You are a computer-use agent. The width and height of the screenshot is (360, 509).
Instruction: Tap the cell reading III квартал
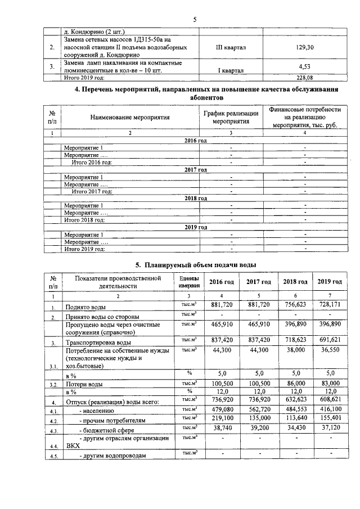[x=231, y=48]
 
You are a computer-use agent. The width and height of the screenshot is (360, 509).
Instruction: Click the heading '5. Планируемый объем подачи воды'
[x=195, y=264]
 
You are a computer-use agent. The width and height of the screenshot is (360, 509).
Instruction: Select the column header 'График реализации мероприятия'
[x=231, y=118]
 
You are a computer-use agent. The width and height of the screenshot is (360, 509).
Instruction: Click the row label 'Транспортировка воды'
[x=99, y=343]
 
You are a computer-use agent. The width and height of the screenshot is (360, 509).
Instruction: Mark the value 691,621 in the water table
[x=330, y=341]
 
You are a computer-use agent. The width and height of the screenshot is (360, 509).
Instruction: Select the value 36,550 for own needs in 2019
[x=330, y=350]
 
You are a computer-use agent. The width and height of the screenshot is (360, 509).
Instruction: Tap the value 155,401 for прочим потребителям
[x=330, y=419]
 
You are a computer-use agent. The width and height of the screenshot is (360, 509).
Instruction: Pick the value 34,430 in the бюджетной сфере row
[x=295, y=428]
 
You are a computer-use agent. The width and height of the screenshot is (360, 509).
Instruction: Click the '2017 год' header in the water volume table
[x=259, y=282]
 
